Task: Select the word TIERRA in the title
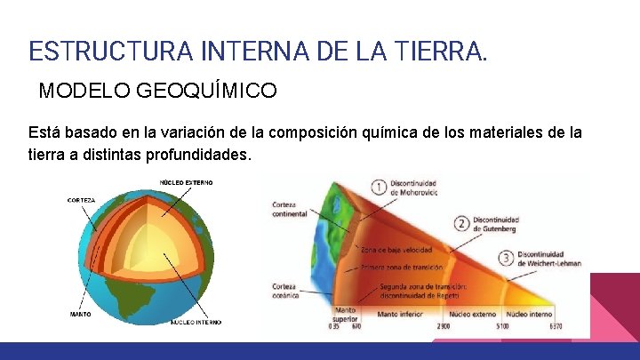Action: click(x=440, y=50)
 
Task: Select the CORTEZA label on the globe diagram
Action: click(x=81, y=200)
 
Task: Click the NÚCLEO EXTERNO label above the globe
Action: click(x=186, y=182)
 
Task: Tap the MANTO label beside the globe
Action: click(x=80, y=314)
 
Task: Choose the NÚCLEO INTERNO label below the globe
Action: click(x=196, y=322)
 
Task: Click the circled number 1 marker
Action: click(x=380, y=188)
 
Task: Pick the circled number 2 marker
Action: click(x=461, y=223)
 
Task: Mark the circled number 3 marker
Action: click(x=506, y=258)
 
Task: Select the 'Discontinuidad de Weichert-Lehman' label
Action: click(x=548, y=259)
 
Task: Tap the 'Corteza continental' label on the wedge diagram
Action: click(x=290, y=209)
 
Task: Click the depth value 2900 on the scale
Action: click(x=443, y=326)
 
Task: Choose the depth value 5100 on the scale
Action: click(x=503, y=326)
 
